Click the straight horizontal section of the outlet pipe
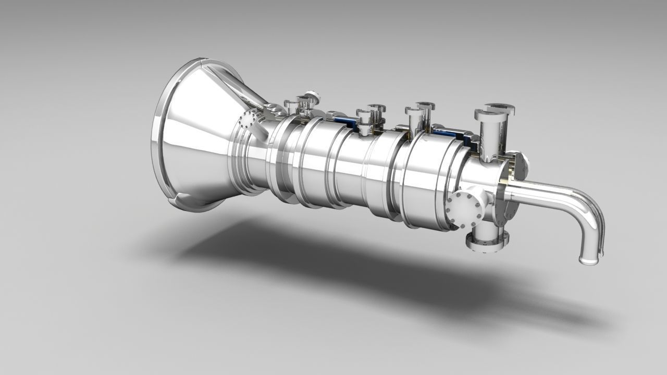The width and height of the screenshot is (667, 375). click(x=542, y=193)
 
